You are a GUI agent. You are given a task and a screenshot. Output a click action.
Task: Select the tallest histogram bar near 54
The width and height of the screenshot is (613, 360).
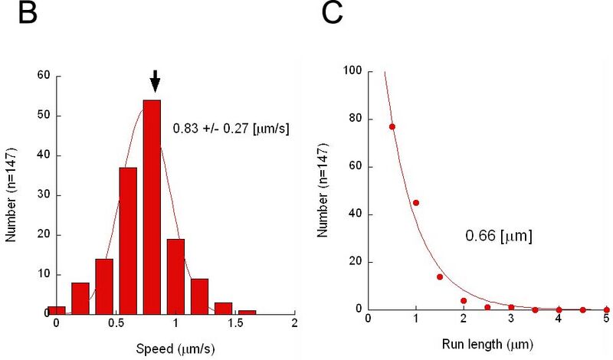152,207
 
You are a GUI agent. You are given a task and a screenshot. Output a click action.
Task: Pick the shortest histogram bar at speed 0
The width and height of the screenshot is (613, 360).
56,309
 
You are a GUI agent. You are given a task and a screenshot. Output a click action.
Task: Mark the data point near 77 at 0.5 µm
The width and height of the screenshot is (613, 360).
392,126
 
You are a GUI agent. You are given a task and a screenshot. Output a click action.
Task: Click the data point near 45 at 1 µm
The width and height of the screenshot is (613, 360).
416,203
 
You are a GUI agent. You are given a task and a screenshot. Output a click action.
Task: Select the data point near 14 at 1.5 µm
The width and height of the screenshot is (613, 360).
440,277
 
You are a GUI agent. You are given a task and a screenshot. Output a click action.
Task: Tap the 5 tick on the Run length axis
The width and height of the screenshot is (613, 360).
606,319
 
